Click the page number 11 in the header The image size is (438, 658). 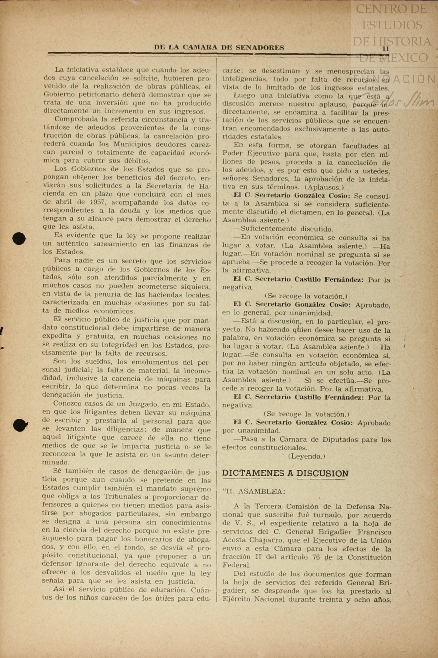coord(386,49)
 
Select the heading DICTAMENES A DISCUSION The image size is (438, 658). coord(285,473)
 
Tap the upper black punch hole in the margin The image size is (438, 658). coord(19,238)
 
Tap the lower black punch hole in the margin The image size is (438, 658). coord(20,425)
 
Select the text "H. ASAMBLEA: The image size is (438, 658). coord(254,491)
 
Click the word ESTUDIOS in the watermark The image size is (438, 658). coord(392,25)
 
